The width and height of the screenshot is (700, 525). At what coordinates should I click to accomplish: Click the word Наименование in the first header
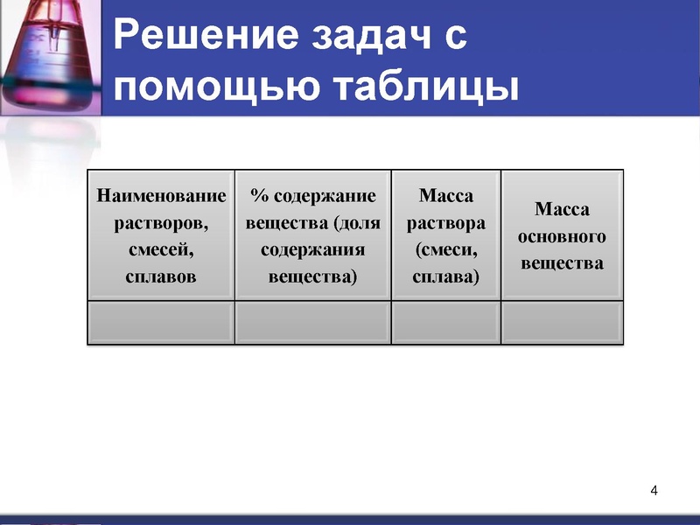[161, 194]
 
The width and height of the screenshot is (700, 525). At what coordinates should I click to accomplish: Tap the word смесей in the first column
[161, 250]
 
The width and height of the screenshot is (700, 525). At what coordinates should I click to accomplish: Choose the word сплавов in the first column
[161, 278]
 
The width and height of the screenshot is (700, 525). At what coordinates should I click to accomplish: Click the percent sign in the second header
[257, 194]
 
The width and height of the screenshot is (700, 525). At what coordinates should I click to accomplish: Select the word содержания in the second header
[312, 250]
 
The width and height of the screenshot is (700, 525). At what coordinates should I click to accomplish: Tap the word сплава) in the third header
[446, 278]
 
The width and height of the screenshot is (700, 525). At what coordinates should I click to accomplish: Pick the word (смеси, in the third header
[446, 250]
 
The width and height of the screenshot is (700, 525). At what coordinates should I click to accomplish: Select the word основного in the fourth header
[562, 236]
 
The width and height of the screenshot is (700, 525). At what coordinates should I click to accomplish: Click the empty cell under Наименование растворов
[161, 323]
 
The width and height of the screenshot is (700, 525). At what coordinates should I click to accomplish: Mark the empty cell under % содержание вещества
[312, 323]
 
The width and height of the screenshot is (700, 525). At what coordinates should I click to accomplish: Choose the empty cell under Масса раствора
[446, 323]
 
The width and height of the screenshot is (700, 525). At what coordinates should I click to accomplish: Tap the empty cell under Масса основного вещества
[562, 323]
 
